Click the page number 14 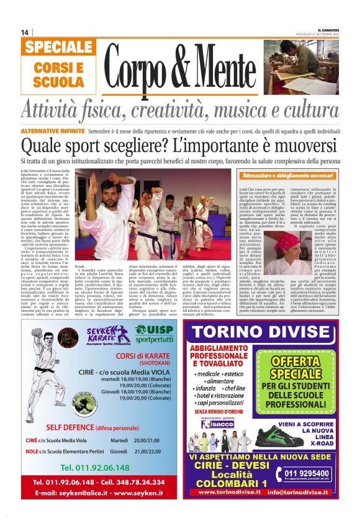(25, 32)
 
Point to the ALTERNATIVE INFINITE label (52, 132)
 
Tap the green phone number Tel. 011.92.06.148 (95, 467)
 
